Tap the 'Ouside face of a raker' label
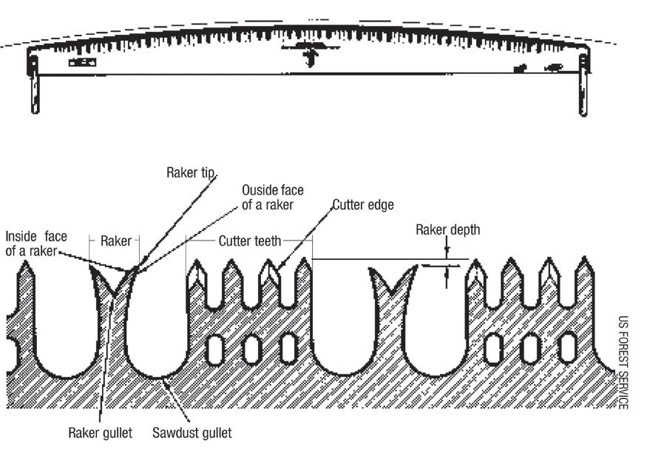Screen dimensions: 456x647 click(x=273, y=198)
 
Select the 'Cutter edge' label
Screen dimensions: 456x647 click(x=362, y=204)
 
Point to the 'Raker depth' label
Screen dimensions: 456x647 click(x=447, y=229)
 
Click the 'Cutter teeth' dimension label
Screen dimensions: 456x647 click(x=249, y=241)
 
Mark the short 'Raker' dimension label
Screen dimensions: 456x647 click(x=115, y=241)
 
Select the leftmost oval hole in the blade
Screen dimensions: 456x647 click(x=215, y=349)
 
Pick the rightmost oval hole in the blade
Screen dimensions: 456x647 click(x=568, y=349)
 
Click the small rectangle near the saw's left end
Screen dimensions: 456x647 click(x=82, y=63)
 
